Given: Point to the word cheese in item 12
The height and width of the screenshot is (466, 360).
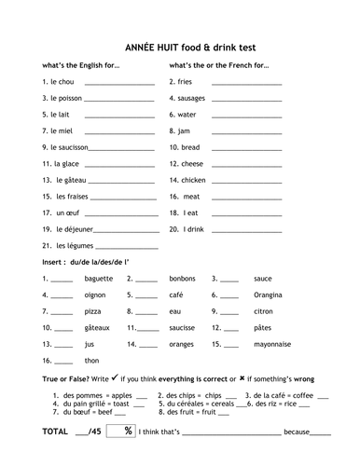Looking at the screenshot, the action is [x=193, y=163].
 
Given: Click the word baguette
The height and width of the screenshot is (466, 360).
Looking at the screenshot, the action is [x=98, y=278].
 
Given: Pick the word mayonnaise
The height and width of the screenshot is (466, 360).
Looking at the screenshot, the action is [x=271, y=344].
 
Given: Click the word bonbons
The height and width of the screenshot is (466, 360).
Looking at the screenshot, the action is [x=182, y=278].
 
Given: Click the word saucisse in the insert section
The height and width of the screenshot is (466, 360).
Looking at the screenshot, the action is [x=183, y=327].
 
